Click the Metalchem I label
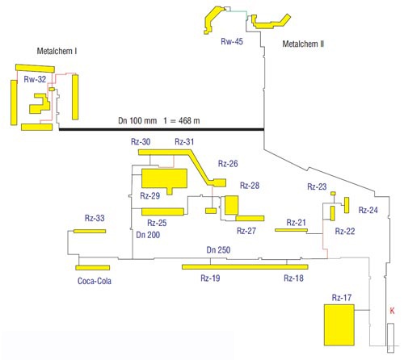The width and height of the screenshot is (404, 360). (57, 51)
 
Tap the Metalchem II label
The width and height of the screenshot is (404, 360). (303, 44)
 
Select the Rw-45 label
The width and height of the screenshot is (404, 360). (232, 41)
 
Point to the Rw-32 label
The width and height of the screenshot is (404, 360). (35, 79)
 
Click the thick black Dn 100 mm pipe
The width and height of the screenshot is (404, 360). (162, 129)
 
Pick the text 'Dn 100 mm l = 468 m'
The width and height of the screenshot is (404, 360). (159, 120)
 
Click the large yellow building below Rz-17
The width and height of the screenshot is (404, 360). (339, 324)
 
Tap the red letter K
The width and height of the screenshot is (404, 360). (392, 311)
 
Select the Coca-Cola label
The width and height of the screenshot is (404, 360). (95, 281)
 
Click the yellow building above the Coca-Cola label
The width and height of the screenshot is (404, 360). (93, 268)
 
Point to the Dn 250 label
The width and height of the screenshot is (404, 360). (218, 249)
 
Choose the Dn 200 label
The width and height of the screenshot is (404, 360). (148, 235)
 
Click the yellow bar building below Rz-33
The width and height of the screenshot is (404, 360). (90, 231)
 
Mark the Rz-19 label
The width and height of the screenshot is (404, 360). (210, 278)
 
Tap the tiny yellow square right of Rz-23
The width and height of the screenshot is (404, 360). (333, 193)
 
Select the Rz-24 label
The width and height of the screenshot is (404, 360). (368, 210)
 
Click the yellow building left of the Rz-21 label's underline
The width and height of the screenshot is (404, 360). (291, 230)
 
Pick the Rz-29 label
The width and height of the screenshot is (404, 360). (150, 195)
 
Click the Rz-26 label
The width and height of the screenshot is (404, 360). (228, 163)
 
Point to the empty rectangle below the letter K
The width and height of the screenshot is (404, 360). (390, 337)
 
